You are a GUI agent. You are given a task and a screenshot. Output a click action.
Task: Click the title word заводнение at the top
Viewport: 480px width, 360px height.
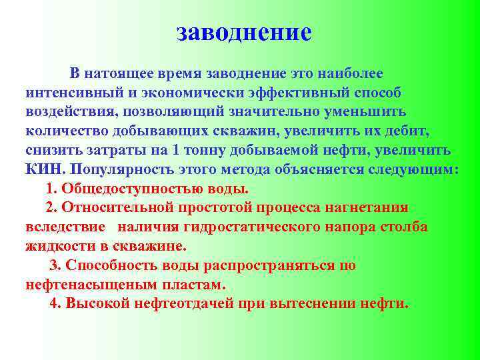[x=245, y=31]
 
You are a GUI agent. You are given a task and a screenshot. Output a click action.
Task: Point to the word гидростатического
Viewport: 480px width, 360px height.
[x=255, y=227]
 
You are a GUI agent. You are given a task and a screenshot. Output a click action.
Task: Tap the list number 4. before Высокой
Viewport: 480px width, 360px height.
[x=56, y=304]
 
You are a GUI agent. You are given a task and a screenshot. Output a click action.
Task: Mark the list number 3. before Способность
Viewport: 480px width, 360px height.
[x=56, y=265]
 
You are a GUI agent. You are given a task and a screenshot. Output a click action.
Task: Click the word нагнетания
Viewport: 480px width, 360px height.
[x=369, y=207]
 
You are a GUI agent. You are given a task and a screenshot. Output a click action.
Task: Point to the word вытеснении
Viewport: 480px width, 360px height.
[x=311, y=304]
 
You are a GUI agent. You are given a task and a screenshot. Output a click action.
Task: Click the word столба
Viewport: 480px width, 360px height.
[x=403, y=227]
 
